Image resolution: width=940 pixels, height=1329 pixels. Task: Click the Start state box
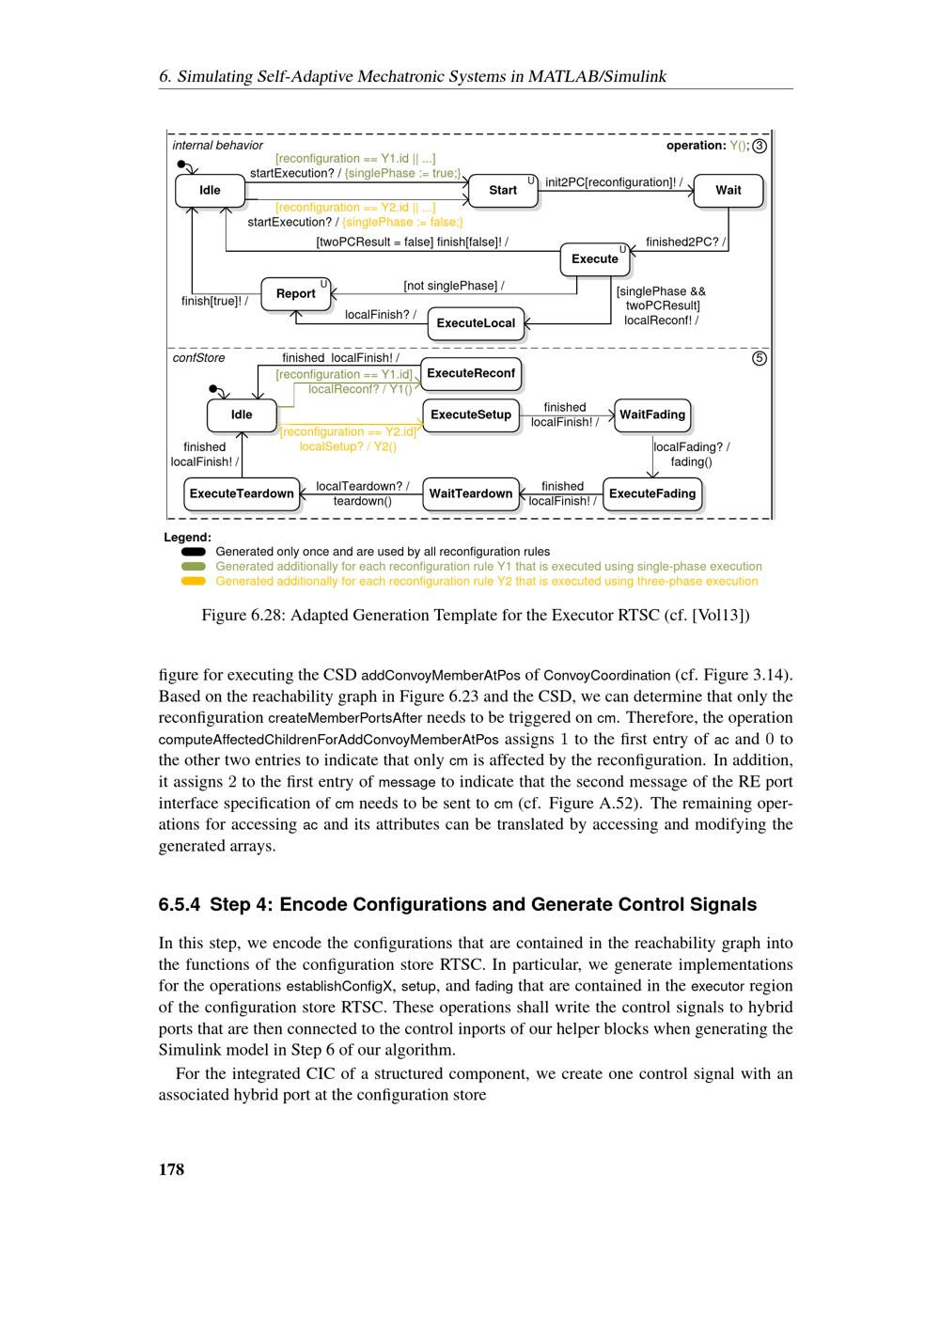click(503, 190)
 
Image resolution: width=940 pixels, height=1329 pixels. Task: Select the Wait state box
click(728, 190)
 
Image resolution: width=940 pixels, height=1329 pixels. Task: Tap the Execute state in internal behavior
click(595, 258)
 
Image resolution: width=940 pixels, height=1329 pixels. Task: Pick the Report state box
click(295, 293)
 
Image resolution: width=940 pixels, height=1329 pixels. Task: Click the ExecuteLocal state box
click(476, 323)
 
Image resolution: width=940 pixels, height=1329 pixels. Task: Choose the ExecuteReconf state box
click(471, 373)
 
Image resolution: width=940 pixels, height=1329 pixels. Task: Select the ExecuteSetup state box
click(471, 414)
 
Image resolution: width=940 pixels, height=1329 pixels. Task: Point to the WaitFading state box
click(652, 414)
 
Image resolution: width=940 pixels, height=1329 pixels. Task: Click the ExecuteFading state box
click(652, 493)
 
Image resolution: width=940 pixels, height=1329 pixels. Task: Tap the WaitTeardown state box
click(471, 493)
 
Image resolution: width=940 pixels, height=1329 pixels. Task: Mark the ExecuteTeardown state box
click(242, 493)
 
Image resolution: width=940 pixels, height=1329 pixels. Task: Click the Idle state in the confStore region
click(242, 414)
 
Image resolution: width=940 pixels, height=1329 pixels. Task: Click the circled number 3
click(760, 146)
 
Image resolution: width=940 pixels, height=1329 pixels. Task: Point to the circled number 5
click(760, 358)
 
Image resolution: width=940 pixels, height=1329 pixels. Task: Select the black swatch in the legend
click(194, 552)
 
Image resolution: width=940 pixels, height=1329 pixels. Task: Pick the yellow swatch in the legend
click(194, 581)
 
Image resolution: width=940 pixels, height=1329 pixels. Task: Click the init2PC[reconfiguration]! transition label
click(614, 182)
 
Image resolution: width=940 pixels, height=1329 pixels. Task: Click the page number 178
click(171, 1169)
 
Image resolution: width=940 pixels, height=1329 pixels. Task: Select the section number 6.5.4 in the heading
click(180, 904)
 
